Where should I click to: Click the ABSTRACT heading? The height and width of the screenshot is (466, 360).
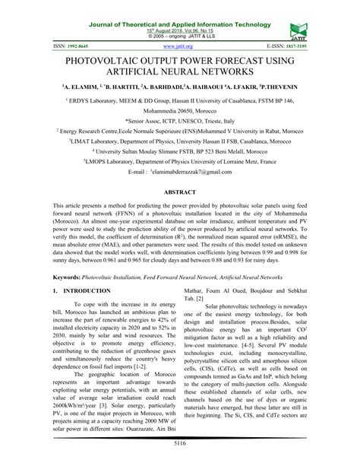point(180,193)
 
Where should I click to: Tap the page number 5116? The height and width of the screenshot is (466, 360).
point(180,442)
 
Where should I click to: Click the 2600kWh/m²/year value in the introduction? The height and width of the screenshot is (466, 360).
point(78,384)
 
